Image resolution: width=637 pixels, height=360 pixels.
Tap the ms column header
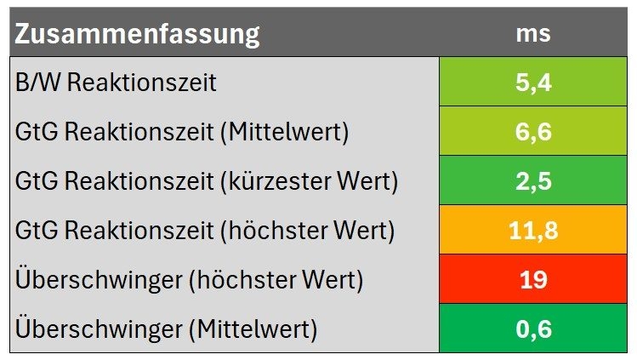533,35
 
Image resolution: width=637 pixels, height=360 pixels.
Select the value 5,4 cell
533,83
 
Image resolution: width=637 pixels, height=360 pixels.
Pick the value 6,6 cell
533,132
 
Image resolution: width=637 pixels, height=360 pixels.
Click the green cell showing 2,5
533,181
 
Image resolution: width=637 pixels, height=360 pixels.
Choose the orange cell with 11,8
533,231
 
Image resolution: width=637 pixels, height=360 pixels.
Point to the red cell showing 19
533,280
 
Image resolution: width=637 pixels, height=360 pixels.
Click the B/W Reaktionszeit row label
116,83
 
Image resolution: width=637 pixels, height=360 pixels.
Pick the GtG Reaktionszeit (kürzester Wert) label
207,182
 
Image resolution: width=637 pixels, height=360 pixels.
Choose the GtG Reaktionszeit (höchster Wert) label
205,231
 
